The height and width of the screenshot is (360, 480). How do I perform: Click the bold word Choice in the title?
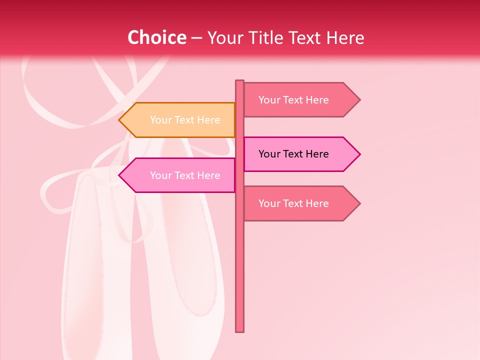tap(156, 37)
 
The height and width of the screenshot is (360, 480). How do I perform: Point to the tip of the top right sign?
tap(359, 100)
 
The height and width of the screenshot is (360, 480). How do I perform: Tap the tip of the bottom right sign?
tap(359, 203)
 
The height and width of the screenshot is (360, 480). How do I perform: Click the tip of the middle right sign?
tap(359, 154)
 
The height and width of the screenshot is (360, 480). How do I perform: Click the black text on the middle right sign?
tap(293, 154)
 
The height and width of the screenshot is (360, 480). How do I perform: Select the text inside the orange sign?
tap(185, 120)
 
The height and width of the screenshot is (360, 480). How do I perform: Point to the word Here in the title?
tap(345, 37)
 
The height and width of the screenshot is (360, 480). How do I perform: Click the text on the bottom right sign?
tap(293, 203)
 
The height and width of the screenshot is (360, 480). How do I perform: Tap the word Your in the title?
tap(225, 37)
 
